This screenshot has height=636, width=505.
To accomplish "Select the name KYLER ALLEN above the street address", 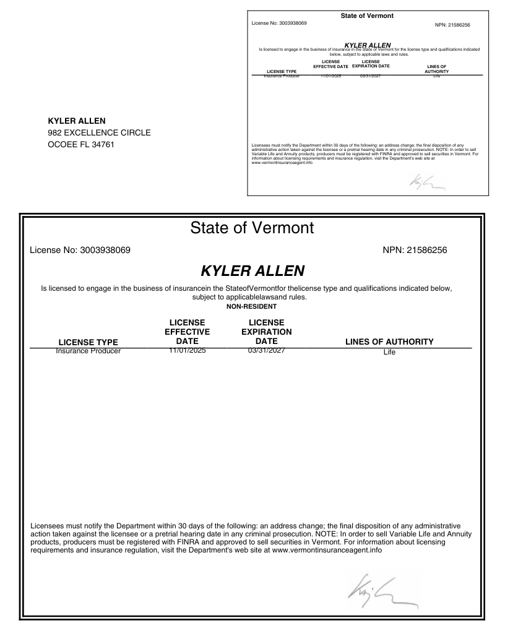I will point(77,121).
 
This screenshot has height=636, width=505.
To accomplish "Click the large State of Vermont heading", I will point(252,228).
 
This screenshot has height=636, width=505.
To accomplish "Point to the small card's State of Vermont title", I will point(367,15).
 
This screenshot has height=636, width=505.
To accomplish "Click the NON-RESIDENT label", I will point(252,306).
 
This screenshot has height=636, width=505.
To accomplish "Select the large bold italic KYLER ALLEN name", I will point(252,271).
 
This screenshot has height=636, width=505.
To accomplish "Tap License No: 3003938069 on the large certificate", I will point(79,251).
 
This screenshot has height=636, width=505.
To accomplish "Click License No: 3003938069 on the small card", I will point(279,23).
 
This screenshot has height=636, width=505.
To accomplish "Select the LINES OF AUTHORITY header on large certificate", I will point(389,342).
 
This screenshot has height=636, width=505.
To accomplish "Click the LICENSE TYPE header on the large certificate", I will point(88,342).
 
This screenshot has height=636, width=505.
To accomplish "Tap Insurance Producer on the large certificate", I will point(88,351).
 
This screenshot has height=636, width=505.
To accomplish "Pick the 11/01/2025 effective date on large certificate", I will point(187,351).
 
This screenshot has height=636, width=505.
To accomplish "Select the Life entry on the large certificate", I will point(389,352).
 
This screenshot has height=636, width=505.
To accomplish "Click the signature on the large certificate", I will point(378,590).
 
